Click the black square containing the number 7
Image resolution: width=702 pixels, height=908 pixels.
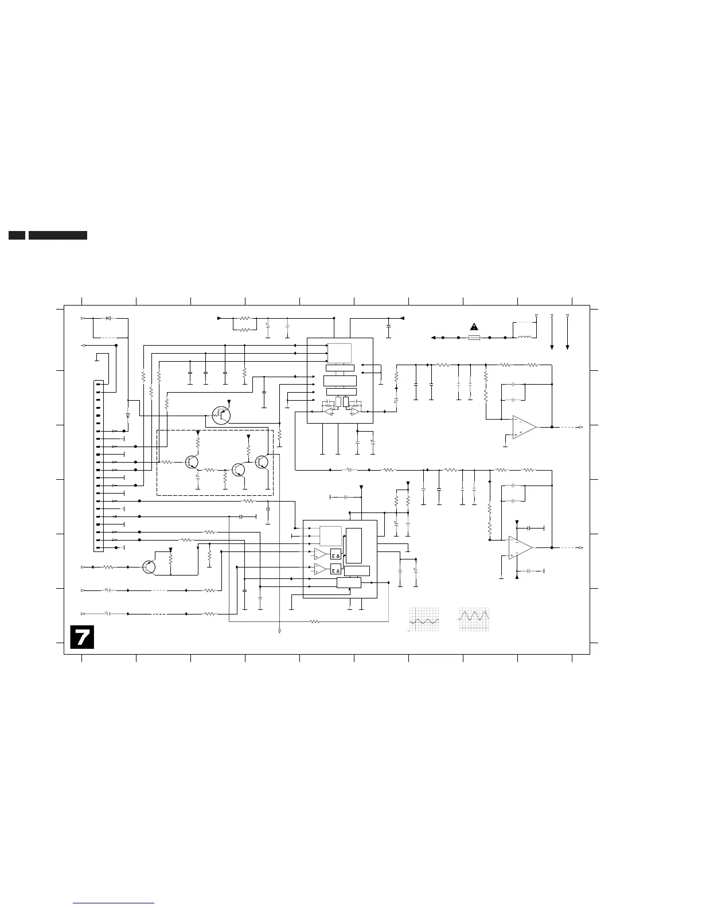coord(82,637)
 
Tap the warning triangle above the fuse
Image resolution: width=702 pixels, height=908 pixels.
coord(474,327)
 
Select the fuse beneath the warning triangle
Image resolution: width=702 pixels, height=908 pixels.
coord(474,338)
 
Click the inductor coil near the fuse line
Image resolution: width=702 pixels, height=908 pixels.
coord(524,337)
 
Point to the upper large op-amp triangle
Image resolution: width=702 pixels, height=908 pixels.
coord(524,427)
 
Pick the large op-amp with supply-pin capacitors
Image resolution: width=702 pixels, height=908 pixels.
coord(520,547)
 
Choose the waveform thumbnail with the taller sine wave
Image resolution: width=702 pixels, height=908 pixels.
coord(474,619)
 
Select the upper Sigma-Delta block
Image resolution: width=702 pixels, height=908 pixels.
coord(336,554)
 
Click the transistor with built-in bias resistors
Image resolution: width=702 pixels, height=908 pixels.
coord(221,414)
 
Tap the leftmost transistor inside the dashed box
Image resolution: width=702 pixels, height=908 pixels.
coord(192,462)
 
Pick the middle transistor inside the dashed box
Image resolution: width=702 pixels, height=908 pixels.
coord(239,469)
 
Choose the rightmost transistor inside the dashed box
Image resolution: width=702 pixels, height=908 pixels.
coord(262,462)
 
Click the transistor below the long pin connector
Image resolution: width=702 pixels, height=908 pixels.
coord(149,567)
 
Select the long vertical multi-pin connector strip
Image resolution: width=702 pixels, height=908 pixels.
coord(99,466)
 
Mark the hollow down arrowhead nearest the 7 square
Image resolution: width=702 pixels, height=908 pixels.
coord(279,631)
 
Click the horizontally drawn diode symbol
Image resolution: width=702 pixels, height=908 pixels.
coord(108,318)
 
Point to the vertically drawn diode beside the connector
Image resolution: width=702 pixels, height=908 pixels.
coord(128,415)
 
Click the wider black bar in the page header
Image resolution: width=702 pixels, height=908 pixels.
coord(58,235)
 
